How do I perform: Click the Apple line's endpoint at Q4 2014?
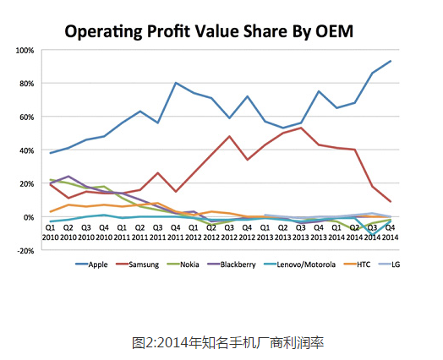tap(390, 61)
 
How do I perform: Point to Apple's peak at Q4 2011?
tap(175, 83)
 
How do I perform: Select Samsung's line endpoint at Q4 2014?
tap(390, 202)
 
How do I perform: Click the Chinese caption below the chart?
tap(228, 342)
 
